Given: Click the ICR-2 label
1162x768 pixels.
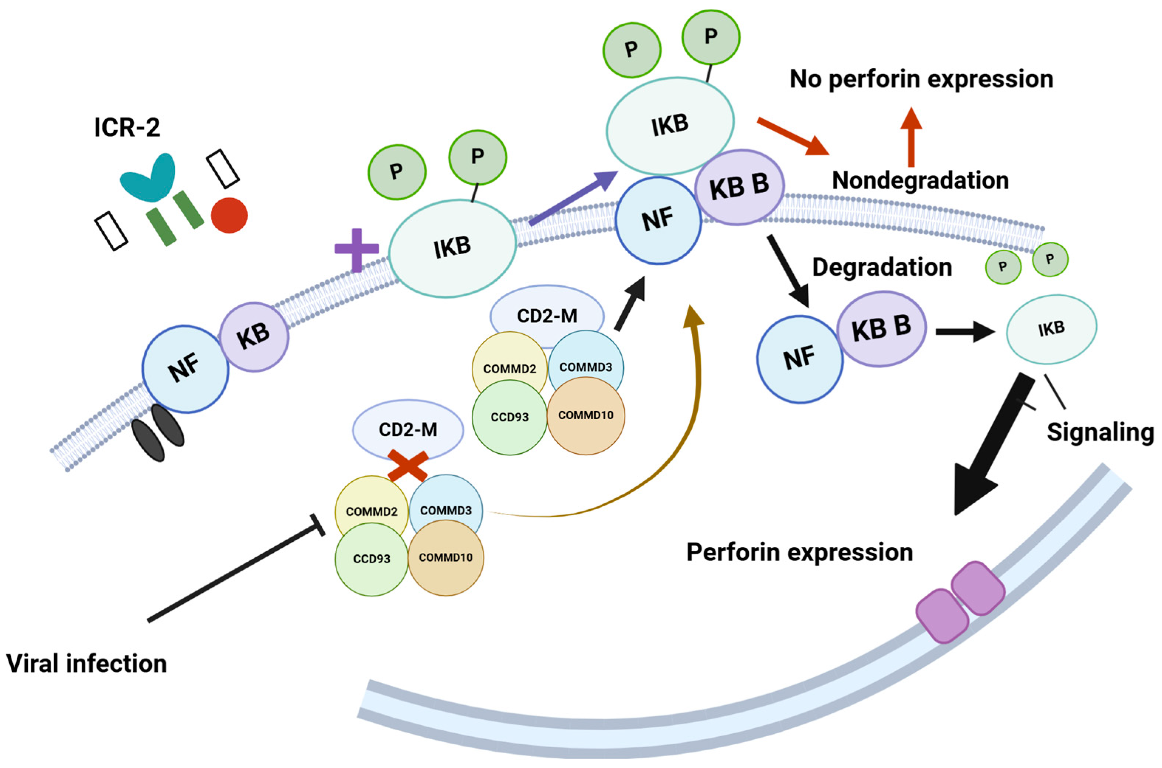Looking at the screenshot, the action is coord(127,127).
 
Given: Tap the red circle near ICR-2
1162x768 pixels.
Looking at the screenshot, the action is coord(229,215).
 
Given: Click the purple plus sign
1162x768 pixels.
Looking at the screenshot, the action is coord(357,250).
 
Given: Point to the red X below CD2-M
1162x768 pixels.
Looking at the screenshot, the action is coord(408,465).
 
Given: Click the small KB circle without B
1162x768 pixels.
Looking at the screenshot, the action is coord(254,337).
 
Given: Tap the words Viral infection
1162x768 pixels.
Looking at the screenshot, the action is coord(87,664).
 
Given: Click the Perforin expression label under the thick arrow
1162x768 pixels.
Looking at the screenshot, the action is coord(800,552).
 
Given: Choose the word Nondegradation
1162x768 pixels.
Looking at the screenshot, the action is coord(920,180).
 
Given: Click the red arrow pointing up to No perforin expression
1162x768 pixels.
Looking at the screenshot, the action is coord(911,137).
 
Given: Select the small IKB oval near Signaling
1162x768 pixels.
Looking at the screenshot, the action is coord(1052,329).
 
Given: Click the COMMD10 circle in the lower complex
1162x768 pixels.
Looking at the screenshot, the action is coord(446,557).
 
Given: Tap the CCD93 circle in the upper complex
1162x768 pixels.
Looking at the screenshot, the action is coord(510,417).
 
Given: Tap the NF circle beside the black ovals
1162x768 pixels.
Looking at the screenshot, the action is coord(186,369).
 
